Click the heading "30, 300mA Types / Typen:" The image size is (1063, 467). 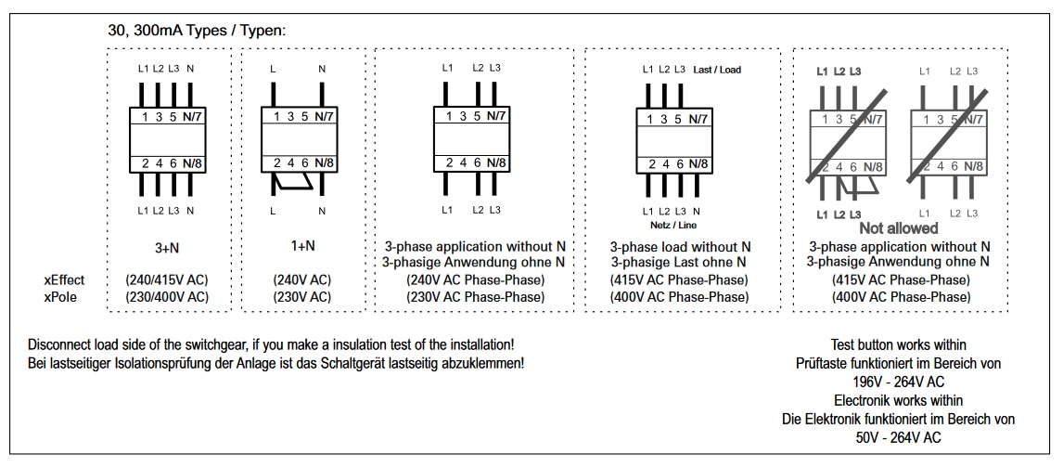tap(198, 31)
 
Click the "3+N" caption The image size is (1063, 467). tap(167, 249)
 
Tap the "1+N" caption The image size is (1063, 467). tap(302, 246)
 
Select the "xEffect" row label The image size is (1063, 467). tap(64, 279)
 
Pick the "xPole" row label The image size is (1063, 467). tap(60, 296)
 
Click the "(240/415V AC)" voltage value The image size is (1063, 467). tap(167, 279)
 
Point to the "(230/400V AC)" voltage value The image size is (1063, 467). tap(167, 296)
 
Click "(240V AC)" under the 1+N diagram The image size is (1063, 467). tap(302, 279)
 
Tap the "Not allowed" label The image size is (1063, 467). tap(898, 228)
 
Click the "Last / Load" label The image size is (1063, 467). tap(717, 70)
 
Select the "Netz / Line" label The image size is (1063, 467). tap(673, 225)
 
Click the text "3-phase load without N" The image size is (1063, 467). tap(680, 247)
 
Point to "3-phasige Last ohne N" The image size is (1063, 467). tap(679, 262)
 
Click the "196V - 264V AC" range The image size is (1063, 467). tap(898, 382)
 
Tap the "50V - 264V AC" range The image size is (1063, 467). tap(898, 438)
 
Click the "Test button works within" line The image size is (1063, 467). tap(898, 344)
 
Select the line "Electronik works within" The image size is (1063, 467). tap(898, 400)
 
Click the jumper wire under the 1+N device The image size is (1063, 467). tap(292, 181)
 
